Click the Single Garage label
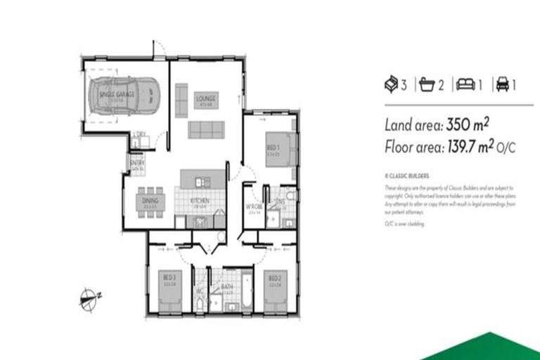point(117,94)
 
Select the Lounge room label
point(206,98)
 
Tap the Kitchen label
point(200,201)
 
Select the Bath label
point(226,287)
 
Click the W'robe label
point(254,206)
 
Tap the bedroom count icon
point(391,84)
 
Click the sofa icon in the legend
point(465,84)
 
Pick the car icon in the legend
point(502,84)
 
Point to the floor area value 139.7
point(464,147)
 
